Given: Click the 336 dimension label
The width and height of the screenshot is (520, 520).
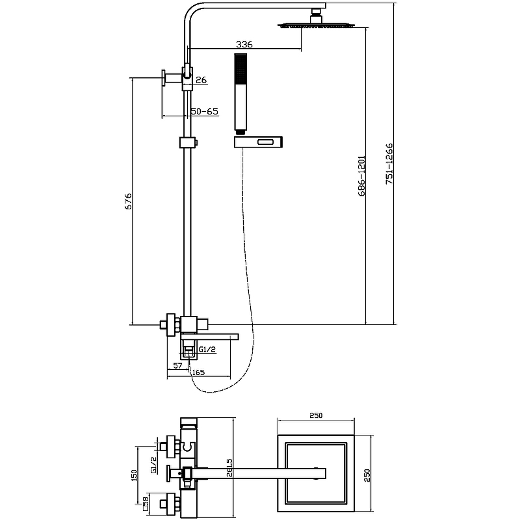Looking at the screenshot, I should [244, 44].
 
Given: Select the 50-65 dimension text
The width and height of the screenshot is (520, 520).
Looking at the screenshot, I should [204, 111].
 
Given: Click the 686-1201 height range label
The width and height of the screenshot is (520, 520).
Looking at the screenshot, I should [361, 175].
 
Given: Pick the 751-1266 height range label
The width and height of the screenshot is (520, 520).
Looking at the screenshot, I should [389, 164].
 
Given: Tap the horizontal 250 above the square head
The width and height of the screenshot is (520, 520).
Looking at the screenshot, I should [317, 415].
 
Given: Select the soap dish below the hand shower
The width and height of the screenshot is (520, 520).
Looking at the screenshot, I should [258, 141].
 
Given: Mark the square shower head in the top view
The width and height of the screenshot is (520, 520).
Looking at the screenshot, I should [317, 473].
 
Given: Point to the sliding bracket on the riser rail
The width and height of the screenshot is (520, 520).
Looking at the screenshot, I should [187, 142].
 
